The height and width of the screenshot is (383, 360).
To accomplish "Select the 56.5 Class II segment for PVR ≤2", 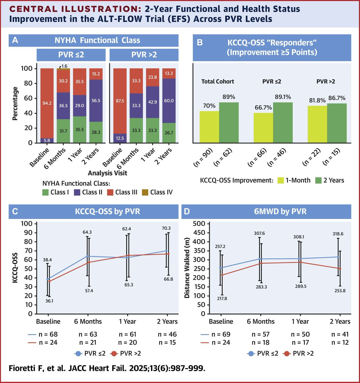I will coord(96,100).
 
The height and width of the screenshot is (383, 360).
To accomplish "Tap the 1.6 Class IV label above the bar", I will coord(64,66).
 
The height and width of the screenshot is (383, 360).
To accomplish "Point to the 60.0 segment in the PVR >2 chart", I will coord(169,101).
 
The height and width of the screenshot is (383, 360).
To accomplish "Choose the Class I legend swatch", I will coord(45,192).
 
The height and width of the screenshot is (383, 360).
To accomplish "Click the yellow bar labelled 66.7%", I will coord(263,127).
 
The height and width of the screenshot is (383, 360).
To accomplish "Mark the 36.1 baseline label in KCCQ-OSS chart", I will coord(49,301).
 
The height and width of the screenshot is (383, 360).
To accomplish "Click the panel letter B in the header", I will coord(200,42).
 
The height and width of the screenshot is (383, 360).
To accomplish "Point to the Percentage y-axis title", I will coord(15,104).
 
